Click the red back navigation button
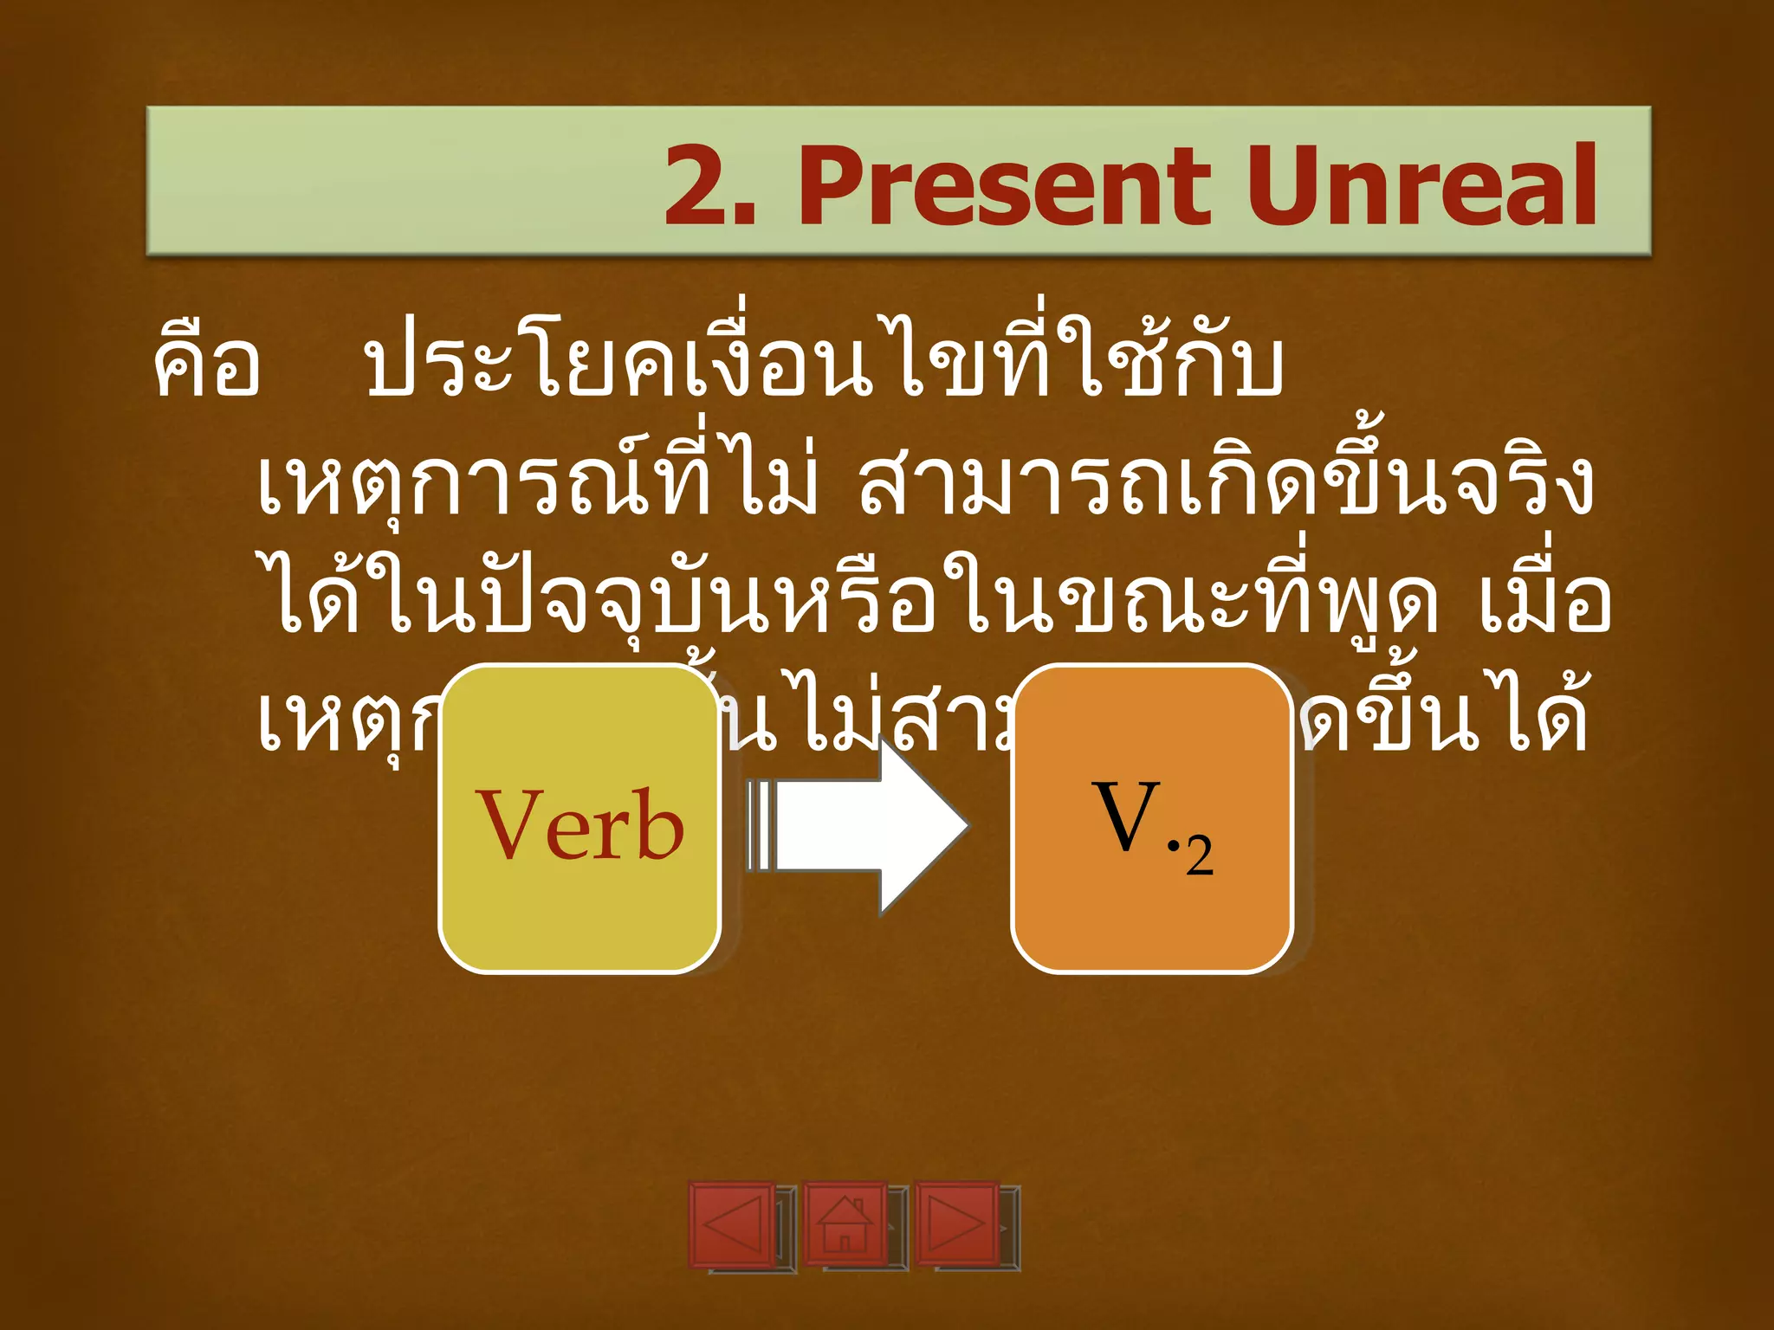[732, 1224]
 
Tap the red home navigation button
[845, 1224]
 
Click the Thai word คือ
[206, 364]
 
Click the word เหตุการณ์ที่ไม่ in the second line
[537, 481]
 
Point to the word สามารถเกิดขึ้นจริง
[1226, 481]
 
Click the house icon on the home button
[845, 1224]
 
